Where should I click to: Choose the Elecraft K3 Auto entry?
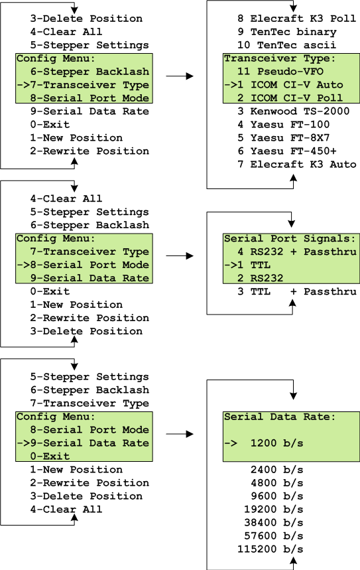coord(296,165)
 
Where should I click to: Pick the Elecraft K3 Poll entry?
coord(296,19)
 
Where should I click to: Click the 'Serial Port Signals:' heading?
coord(290,238)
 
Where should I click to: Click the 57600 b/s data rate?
coord(273,535)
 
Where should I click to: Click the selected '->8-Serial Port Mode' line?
coord(83,265)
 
